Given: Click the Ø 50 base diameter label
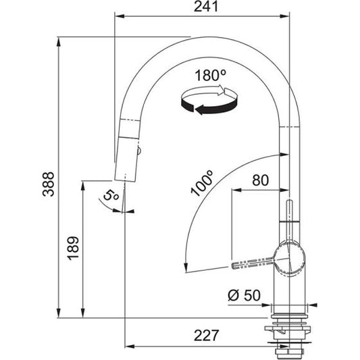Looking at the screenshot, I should pyautogui.click(x=243, y=294).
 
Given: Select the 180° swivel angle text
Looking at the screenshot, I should pyautogui.click(x=209, y=76).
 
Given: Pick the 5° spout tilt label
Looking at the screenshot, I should pyautogui.click(x=112, y=198).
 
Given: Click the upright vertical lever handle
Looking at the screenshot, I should pyautogui.click(x=289, y=220).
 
